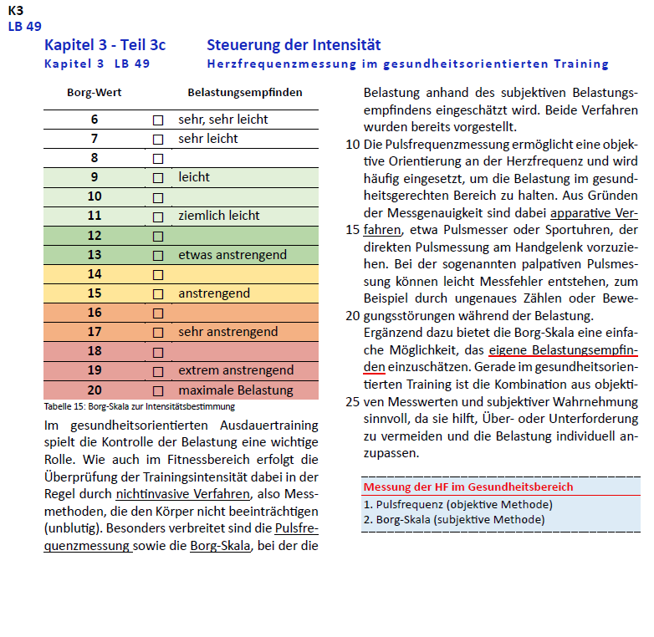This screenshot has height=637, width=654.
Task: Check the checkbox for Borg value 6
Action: (157, 120)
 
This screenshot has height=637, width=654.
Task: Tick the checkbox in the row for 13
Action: (157, 255)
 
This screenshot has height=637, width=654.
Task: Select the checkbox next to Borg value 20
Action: (157, 390)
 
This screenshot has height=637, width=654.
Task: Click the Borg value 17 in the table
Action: (95, 332)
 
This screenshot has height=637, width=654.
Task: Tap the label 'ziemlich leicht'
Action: (219, 216)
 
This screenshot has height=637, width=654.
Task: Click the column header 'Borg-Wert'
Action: (95, 92)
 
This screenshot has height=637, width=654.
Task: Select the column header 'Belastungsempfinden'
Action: (245, 92)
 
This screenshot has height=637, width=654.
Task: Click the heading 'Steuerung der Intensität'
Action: (294, 45)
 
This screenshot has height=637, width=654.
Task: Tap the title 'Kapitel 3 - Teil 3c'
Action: (105, 45)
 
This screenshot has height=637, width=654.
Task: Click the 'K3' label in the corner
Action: (16, 11)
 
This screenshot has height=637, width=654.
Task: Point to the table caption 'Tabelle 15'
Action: (140, 406)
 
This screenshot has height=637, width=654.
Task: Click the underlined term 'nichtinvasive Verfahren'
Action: (183, 494)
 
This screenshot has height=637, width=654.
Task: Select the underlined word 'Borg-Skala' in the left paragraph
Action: (220, 546)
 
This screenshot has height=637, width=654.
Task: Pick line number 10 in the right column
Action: (353, 144)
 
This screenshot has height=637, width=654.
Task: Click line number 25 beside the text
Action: (353, 401)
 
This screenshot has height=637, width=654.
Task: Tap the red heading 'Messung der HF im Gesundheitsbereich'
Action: (468, 487)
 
